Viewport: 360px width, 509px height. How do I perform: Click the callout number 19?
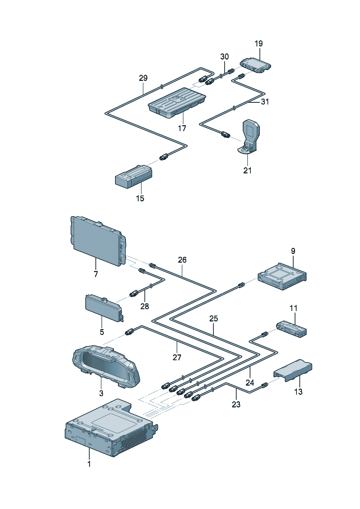pyautogui.click(x=258, y=44)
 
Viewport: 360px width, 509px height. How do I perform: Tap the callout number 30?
pyautogui.click(x=225, y=57)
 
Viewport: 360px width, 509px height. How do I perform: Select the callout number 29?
pyautogui.click(x=143, y=78)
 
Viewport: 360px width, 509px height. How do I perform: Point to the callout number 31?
pyautogui.click(x=265, y=102)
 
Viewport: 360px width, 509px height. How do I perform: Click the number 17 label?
pyautogui.click(x=182, y=128)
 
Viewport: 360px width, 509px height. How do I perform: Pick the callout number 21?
pyautogui.click(x=247, y=170)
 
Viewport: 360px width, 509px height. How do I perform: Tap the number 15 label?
pyautogui.click(x=140, y=198)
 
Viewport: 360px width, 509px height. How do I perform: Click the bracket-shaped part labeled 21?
pyautogui.click(x=251, y=136)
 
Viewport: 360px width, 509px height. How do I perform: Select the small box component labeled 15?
pyautogui.click(x=133, y=176)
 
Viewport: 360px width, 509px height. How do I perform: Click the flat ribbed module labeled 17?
pyautogui.click(x=177, y=102)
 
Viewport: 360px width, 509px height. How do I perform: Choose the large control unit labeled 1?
pyautogui.click(x=109, y=428)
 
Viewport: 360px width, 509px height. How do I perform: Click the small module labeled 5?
pyautogui.click(x=103, y=308)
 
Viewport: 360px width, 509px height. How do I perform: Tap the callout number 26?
pyautogui.click(x=182, y=260)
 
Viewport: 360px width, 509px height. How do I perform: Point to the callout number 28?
pyautogui.click(x=144, y=306)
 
